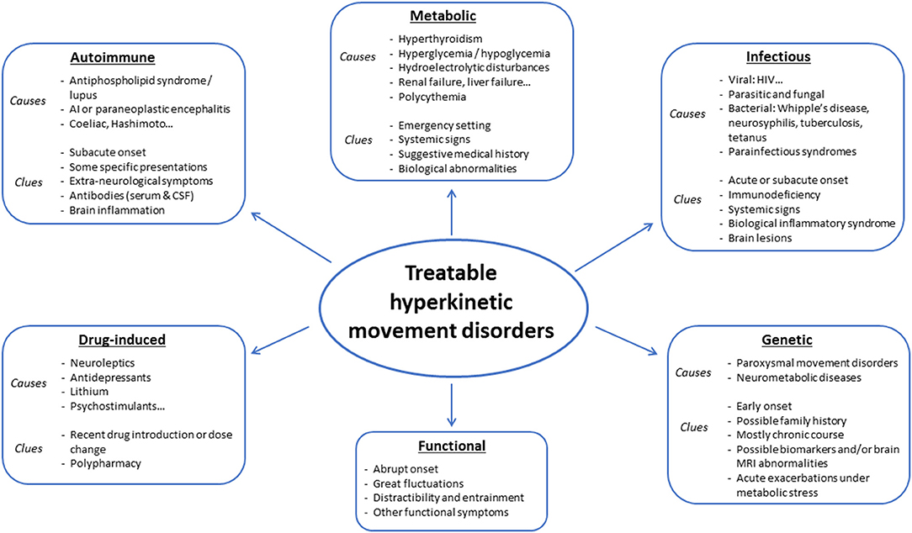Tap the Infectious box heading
pyautogui.click(x=777, y=58)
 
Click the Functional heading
pyautogui.click(x=452, y=446)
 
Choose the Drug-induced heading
pyautogui.click(x=125, y=340)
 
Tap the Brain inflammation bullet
pyautogui.click(x=118, y=211)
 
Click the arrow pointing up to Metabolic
pyautogui.click(x=452, y=210)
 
